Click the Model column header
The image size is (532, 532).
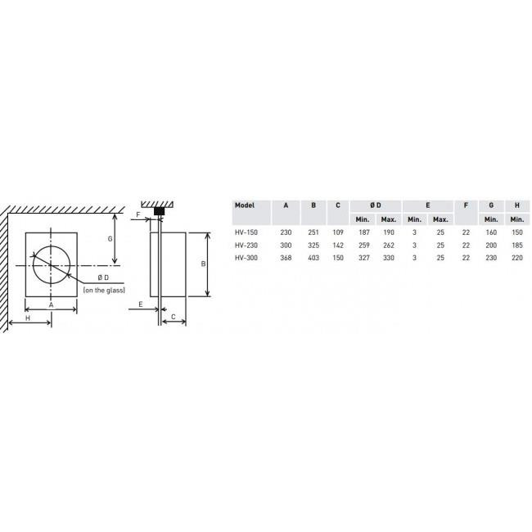244,205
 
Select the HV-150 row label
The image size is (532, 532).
246,232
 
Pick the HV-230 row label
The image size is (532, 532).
246,246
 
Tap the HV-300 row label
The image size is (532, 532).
246,258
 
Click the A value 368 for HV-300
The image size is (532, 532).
286,258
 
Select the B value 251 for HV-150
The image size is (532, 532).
313,232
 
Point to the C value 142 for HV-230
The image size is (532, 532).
338,246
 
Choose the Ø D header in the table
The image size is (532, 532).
376,205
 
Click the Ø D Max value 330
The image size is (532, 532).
389,258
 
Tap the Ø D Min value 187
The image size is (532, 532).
364,232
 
